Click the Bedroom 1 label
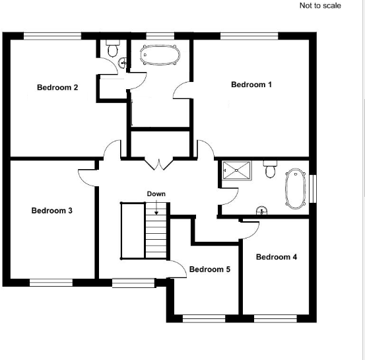click(251, 85)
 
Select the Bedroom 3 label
click(51, 211)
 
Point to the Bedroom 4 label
click(276, 257)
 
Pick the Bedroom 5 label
click(209, 270)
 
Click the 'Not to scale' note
click(320, 6)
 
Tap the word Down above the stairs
click(156, 194)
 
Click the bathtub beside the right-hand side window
click(296, 189)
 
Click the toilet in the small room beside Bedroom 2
click(112, 49)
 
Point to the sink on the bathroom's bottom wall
click(262, 211)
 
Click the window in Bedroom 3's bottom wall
click(51, 283)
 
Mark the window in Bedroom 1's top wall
click(249, 35)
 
